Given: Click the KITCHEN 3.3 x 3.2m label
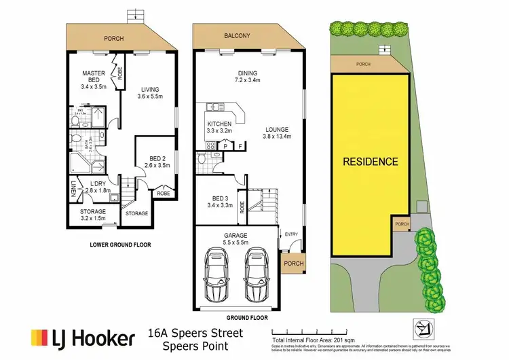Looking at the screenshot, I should (219, 126).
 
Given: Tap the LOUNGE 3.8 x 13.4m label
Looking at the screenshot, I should (277, 132).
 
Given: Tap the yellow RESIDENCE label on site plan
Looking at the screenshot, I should (370, 162).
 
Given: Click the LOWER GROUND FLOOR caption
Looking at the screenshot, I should (120, 245).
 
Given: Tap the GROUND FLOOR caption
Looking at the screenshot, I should (245, 317).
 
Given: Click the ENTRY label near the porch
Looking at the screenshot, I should (291, 234).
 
